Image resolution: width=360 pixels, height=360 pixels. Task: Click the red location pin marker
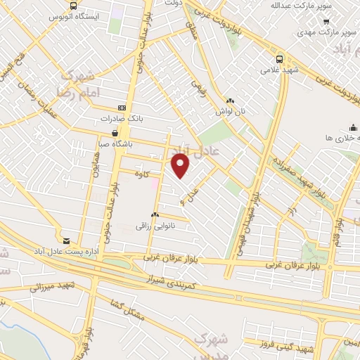pyautogui.click(x=181, y=167)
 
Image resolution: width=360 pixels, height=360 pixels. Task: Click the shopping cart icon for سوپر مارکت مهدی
pyautogui.click(x=326, y=21)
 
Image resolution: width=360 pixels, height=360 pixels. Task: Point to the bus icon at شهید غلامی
pyautogui.click(x=280, y=60)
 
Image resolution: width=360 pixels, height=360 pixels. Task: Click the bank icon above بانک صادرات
pyautogui.click(x=123, y=108)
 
